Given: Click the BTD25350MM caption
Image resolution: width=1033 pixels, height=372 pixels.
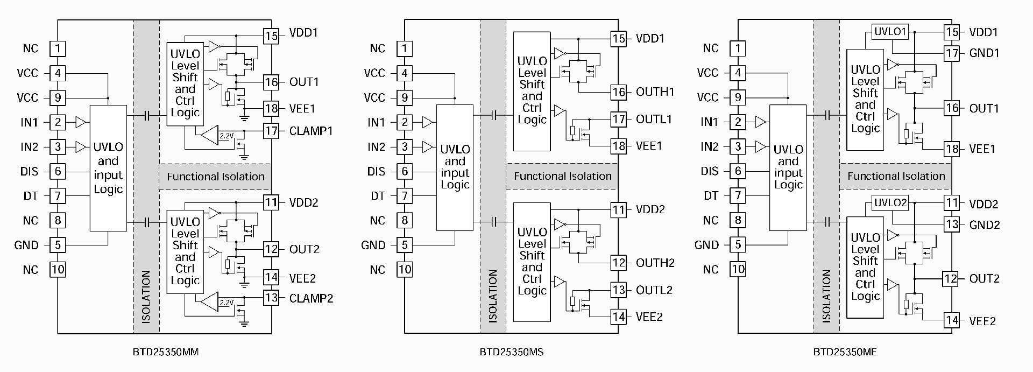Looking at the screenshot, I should point(166,353).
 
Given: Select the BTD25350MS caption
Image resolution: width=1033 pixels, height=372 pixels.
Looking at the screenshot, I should point(511,353).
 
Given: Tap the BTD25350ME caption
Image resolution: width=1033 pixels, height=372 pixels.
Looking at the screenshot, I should point(845,353).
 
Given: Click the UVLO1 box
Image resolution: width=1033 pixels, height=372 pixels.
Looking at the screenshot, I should point(890,31).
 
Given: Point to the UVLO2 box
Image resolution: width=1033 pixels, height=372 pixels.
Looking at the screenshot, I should point(890,203).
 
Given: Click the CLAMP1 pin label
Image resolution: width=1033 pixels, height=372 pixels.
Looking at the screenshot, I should point(311,131).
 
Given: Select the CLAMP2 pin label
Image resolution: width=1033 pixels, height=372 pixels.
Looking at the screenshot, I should point(311,298).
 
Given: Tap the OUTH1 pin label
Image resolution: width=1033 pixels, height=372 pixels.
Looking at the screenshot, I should point(655,92).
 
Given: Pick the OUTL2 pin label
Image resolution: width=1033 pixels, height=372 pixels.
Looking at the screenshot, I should point(654,290).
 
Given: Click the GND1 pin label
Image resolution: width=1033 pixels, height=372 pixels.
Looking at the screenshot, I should point(984,53).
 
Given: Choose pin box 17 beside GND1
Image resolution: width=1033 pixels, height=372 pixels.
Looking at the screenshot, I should point(952,53).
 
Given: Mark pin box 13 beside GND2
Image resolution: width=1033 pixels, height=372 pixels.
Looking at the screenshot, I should point(952,224).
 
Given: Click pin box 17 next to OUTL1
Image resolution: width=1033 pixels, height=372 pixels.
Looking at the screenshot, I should point(619,119).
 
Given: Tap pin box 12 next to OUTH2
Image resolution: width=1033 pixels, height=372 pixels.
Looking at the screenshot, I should point(619,263).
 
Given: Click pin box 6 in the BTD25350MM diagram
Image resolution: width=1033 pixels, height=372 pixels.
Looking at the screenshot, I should point(58,171).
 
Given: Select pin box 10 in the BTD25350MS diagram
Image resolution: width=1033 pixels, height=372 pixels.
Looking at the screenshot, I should point(405,269).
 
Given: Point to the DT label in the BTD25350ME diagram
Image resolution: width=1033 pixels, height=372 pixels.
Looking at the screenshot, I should point(711,196).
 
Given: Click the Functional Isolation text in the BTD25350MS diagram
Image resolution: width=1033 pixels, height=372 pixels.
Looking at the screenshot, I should point(563,177).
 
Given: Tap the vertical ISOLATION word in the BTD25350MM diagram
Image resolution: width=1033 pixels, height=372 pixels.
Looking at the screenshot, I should point(146,297).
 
